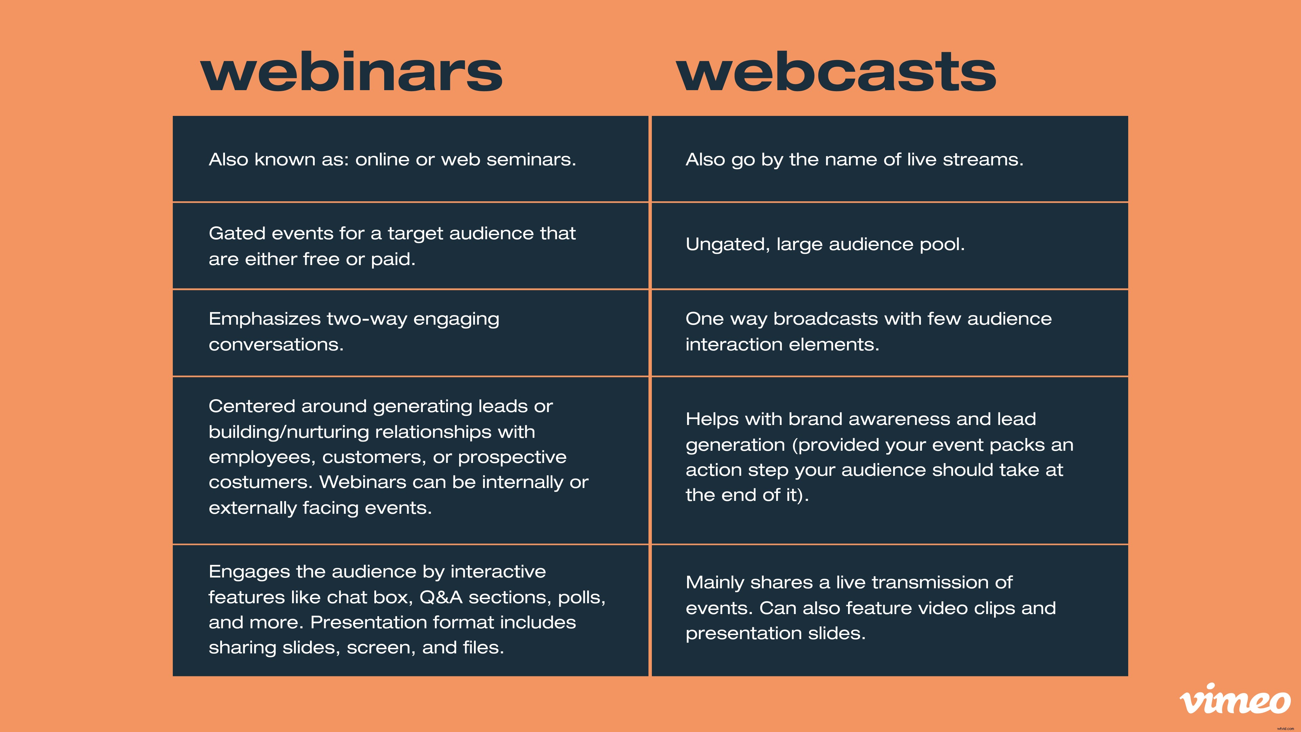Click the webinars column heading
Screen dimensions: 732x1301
point(352,72)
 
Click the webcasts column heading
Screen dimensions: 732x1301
point(836,72)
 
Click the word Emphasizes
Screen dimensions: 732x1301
point(264,319)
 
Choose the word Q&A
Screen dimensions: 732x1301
point(441,597)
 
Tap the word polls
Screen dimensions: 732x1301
point(581,597)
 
